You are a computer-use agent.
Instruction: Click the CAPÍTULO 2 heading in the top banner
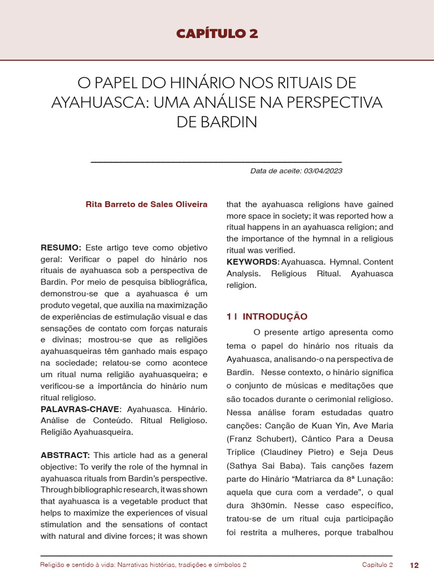click(x=217, y=33)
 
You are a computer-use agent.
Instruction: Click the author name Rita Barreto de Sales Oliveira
click(x=146, y=204)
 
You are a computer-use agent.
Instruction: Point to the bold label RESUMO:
click(x=61, y=248)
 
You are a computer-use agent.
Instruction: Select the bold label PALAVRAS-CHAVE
click(x=80, y=409)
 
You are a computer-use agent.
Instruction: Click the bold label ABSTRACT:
click(x=65, y=455)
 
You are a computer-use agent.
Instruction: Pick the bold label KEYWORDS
click(x=252, y=262)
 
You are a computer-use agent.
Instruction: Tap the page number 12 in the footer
click(x=414, y=565)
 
